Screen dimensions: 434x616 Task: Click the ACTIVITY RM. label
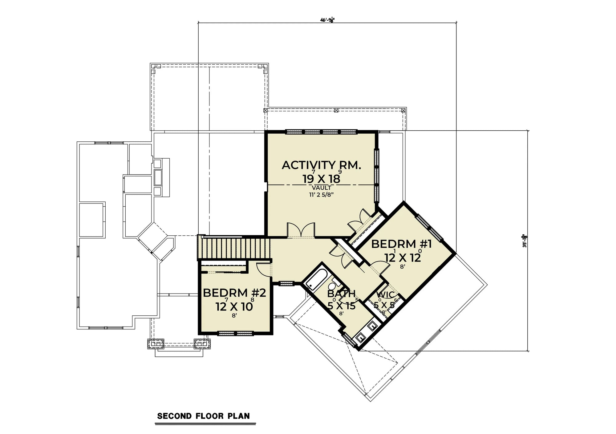(321, 165)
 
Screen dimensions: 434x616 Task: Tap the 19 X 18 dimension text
(321, 179)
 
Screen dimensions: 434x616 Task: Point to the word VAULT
(321, 188)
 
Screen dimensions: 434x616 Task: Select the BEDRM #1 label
(401, 244)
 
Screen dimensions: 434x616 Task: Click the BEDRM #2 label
(234, 293)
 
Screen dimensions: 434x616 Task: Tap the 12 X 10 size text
(234, 306)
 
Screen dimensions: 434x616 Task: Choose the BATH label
(341, 294)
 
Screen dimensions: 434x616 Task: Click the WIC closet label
(385, 295)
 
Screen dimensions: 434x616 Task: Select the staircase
(234, 248)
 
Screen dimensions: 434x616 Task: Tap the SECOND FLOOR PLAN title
(203, 416)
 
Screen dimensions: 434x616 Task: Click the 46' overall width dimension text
(327, 20)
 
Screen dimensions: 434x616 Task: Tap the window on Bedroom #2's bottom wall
(236, 333)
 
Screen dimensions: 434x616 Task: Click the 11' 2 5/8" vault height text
(321, 194)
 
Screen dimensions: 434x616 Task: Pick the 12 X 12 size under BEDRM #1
(402, 258)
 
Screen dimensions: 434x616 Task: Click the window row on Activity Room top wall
(321, 132)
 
